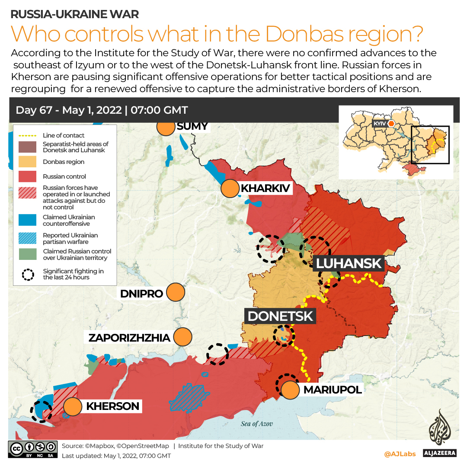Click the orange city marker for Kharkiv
point(230,189)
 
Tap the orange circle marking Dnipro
point(176,293)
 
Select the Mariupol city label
point(332,390)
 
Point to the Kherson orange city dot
point(73,406)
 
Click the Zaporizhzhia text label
point(129,338)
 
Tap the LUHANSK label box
point(349,263)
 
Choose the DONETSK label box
point(280,316)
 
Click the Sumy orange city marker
point(165,128)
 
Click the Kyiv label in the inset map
point(379,124)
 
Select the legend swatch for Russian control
point(27,176)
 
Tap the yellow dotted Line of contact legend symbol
point(27,135)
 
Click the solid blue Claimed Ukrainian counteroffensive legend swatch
point(27,220)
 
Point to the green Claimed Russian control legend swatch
point(27,254)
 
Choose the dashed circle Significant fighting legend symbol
point(28,275)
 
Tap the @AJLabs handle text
point(400,454)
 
